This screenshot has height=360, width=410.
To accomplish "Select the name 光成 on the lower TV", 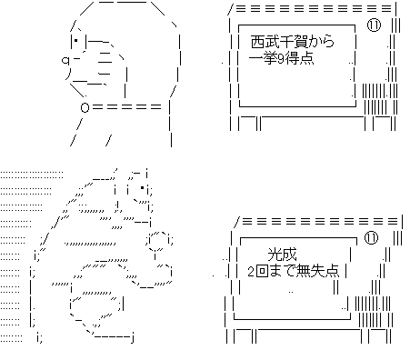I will pyautogui.click(x=283, y=256).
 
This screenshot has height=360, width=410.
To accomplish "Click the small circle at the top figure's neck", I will pyautogui.click(x=85, y=107).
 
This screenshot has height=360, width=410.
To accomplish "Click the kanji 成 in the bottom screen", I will pyautogui.click(x=290, y=256).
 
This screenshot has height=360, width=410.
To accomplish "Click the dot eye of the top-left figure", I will pyautogui.click(x=75, y=42).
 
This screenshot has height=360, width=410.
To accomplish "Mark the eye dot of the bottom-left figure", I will pyautogui.click(x=143, y=190).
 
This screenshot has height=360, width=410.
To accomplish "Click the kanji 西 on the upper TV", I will pyautogui.click(x=256, y=42).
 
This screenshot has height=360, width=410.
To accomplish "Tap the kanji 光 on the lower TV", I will pyautogui.click(x=275, y=256).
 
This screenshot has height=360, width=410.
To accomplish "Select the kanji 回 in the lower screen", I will pyautogui.click(x=263, y=272).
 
